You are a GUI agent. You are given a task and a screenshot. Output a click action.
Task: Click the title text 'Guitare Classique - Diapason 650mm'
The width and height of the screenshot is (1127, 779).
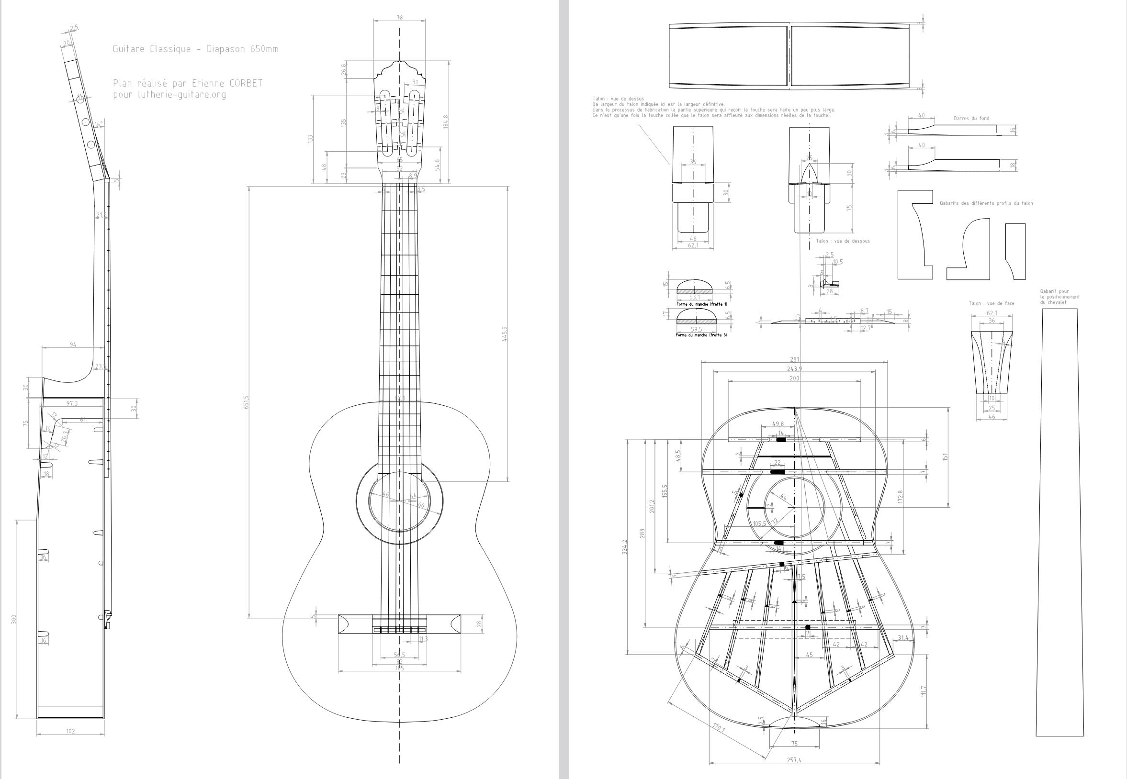(x=195, y=49)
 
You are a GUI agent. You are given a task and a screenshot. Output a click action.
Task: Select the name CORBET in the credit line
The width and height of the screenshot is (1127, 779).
(x=246, y=83)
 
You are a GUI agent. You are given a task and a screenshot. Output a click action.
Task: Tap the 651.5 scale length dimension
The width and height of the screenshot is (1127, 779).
(x=247, y=402)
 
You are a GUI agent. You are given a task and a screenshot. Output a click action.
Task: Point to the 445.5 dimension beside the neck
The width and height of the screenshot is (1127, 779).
(x=505, y=334)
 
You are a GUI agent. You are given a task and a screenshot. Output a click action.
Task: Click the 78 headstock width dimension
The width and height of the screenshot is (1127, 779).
(x=399, y=18)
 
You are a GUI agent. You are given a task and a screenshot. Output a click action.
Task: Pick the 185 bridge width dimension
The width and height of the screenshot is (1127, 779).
(x=399, y=668)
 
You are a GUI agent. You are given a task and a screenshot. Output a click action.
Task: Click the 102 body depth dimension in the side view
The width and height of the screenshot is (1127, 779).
(x=70, y=732)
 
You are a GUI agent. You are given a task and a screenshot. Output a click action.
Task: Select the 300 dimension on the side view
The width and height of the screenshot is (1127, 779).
(x=15, y=619)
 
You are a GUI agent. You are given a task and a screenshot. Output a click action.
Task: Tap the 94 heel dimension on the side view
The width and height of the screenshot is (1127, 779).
(x=73, y=345)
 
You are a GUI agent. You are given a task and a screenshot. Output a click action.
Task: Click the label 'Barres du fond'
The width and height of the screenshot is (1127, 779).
(x=971, y=119)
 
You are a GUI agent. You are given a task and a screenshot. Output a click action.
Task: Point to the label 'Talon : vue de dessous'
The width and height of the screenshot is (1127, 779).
(x=843, y=241)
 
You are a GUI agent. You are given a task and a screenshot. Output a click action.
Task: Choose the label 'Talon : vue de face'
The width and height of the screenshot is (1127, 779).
(x=991, y=303)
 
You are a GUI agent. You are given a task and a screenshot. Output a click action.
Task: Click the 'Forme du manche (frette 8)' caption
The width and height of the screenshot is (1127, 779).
(x=701, y=335)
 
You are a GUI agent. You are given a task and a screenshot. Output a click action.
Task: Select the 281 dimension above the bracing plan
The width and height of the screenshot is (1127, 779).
(x=794, y=360)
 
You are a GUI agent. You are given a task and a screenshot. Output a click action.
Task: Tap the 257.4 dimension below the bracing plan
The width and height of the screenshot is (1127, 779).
(x=794, y=760)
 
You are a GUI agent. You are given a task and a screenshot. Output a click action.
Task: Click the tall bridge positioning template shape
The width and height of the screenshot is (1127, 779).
(x=1059, y=522)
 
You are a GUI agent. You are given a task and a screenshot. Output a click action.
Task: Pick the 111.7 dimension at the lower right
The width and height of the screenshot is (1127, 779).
(x=923, y=691)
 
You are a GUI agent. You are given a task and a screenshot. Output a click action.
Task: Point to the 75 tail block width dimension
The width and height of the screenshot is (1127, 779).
(x=794, y=744)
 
